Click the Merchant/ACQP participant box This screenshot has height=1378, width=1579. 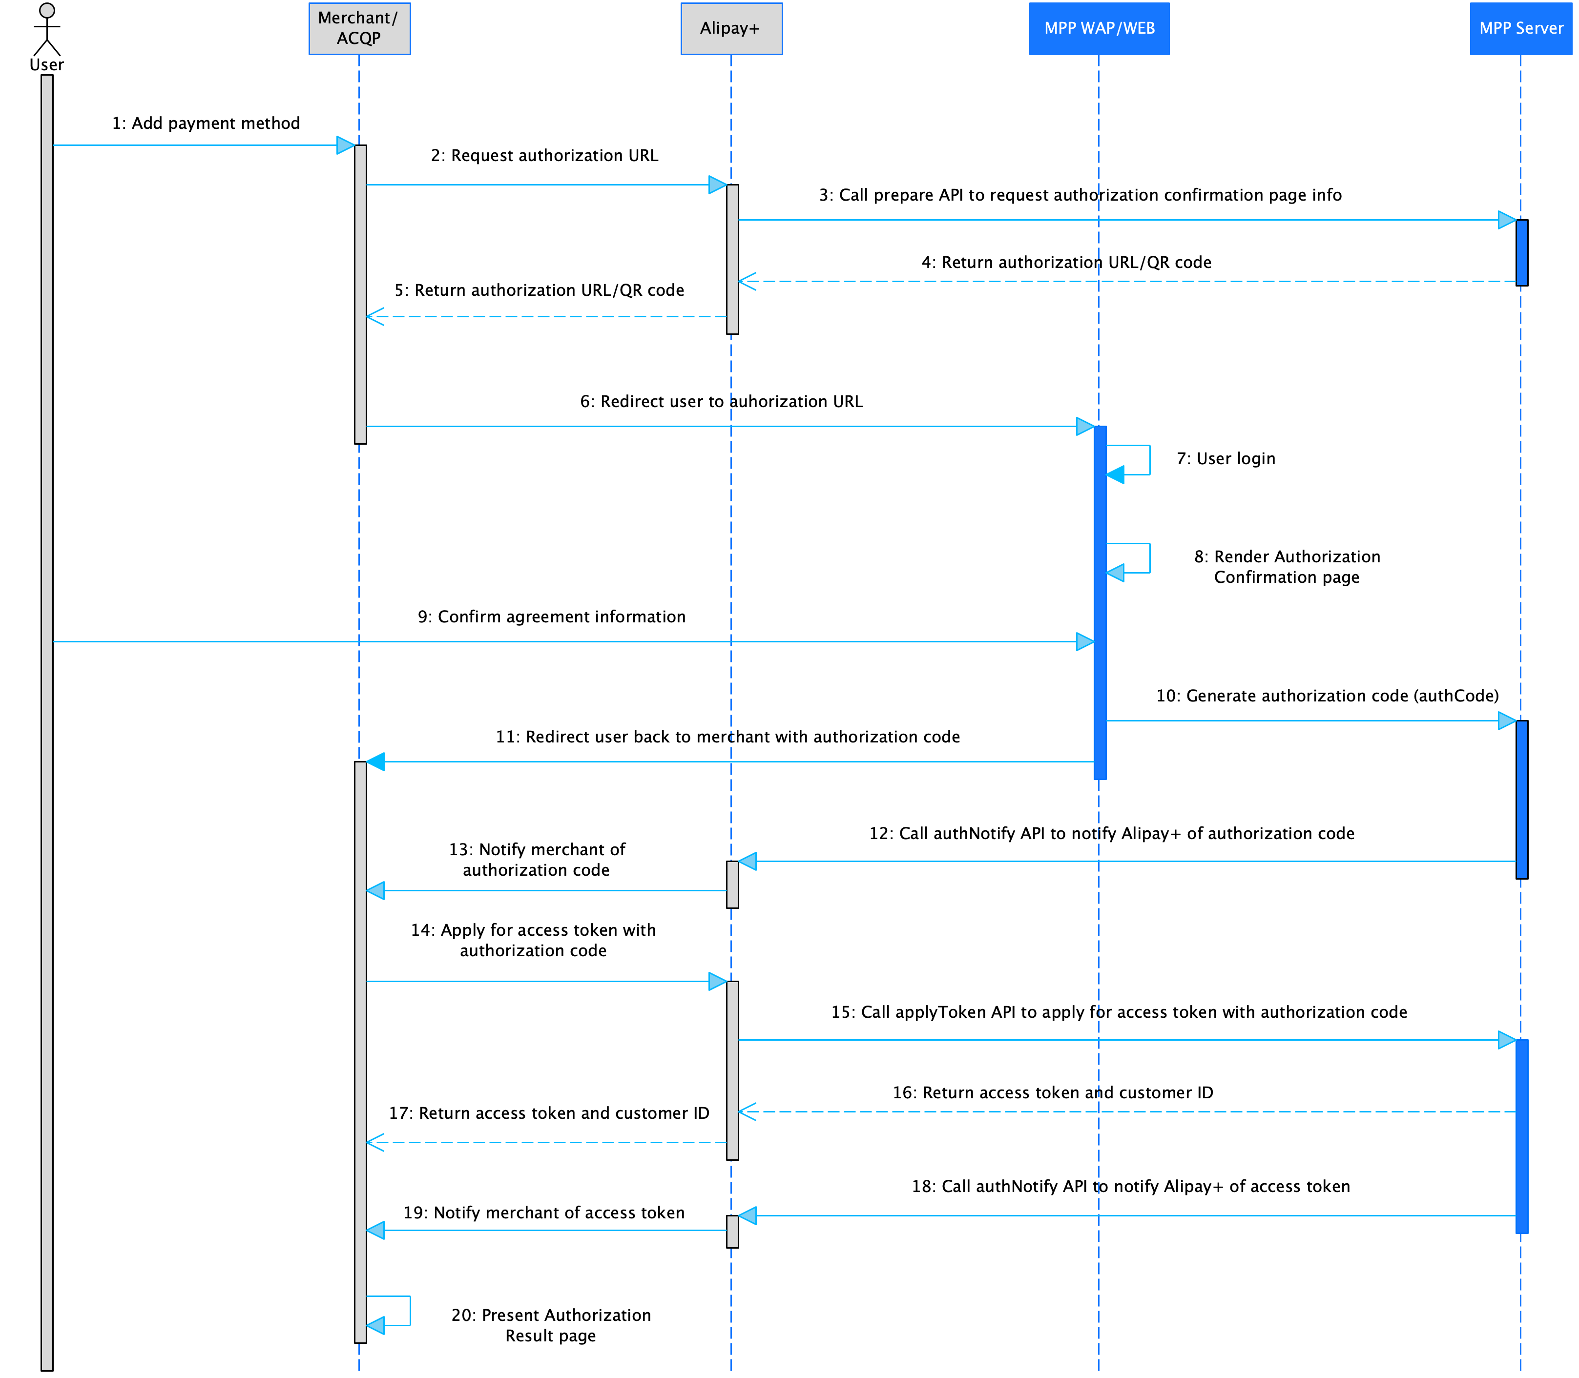click(x=359, y=28)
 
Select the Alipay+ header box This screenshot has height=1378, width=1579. click(x=730, y=28)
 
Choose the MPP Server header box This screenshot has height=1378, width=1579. click(x=1520, y=28)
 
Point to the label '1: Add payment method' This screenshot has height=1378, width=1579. click(x=206, y=123)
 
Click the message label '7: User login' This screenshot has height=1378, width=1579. click(x=1225, y=458)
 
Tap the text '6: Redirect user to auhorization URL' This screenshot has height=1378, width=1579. click(x=721, y=401)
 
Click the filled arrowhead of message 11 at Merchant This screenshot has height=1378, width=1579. click(x=375, y=761)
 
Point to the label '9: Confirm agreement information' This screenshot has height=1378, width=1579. click(x=551, y=617)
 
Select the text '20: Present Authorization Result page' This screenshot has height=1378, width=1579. click(x=551, y=1324)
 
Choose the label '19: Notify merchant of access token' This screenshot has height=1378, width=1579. click(x=544, y=1212)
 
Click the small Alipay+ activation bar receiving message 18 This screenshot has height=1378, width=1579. click(x=732, y=1231)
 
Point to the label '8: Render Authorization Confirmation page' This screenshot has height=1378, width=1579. click(x=1287, y=567)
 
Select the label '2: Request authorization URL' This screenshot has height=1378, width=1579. click(x=544, y=155)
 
